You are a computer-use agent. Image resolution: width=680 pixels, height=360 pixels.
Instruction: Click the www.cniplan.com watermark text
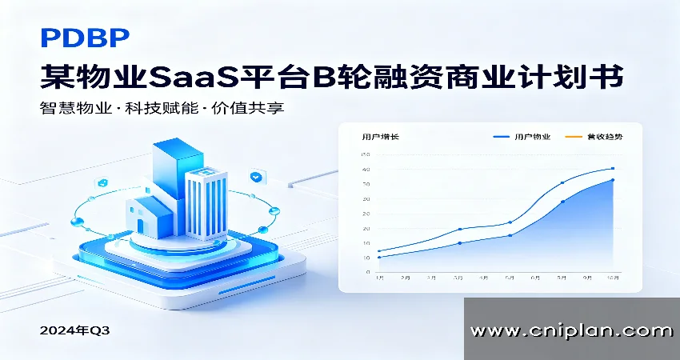pyautogui.click(x=571, y=330)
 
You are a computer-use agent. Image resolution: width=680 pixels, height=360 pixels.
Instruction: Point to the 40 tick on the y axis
pyautogui.click(x=366, y=170)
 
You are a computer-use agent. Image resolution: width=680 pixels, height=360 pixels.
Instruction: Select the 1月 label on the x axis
pyautogui.click(x=379, y=278)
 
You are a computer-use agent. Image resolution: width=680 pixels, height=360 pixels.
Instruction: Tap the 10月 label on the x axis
pyautogui.click(x=613, y=278)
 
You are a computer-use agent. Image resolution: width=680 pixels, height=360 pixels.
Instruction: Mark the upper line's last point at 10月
pyautogui.click(x=613, y=169)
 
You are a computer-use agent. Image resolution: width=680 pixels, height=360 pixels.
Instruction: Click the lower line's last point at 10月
pyautogui.click(x=613, y=180)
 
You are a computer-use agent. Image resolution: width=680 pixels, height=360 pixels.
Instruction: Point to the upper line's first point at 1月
pyautogui.click(x=379, y=251)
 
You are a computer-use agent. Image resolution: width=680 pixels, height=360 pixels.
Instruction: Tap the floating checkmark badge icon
pyautogui.click(x=256, y=175)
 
